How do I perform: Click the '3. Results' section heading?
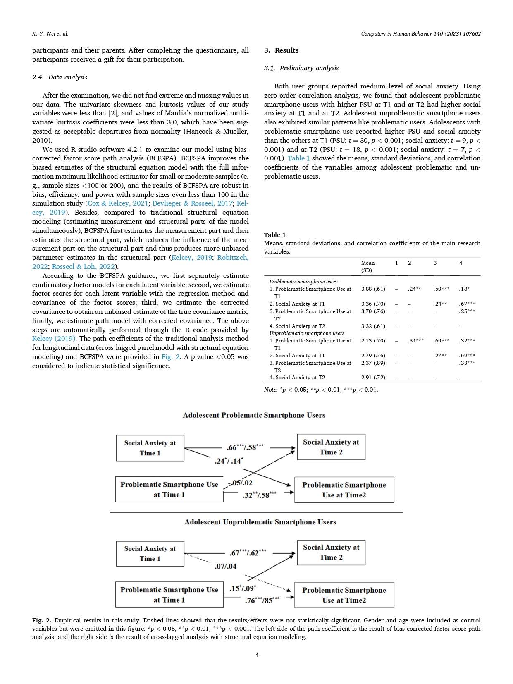tap(281, 50)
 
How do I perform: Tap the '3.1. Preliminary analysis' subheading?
tap(301, 68)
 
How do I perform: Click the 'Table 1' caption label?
tap(274, 235)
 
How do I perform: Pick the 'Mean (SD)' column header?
tap(367, 266)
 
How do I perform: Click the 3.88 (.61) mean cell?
tap(373, 289)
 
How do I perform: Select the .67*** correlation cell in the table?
tap(467, 304)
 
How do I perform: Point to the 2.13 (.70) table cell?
tap(373, 341)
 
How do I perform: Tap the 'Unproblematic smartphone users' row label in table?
tap(307, 333)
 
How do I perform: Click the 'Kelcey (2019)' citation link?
tap(54, 339)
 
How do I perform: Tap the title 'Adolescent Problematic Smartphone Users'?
tap(254, 415)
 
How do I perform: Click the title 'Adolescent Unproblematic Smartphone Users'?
tap(260, 522)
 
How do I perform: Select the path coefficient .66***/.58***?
tap(245, 447)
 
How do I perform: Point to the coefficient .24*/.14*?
tap(229, 461)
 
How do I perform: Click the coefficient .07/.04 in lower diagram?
tap(225, 566)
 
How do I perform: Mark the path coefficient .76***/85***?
tap(262, 600)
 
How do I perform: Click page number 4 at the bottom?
tap(257, 655)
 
